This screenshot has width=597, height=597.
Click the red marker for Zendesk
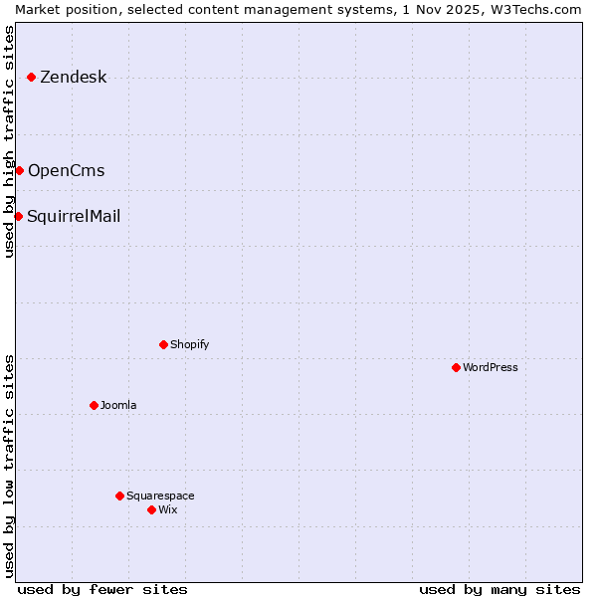click(31, 77)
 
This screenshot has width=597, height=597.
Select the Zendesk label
click(73, 78)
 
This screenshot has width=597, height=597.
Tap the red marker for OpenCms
click(19, 170)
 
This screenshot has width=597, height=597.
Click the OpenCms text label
click(66, 171)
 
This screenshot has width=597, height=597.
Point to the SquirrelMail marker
click(18, 216)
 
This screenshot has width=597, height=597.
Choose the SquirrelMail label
click(74, 217)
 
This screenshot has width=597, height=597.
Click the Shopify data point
click(163, 344)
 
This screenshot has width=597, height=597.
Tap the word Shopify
click(189, 345)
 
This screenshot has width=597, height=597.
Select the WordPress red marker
click(456, 367)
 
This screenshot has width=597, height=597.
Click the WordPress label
click(490, 368)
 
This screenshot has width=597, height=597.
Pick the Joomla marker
click(94, 405)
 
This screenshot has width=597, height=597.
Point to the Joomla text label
click(118, 406)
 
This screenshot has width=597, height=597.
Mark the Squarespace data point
click(119, 496)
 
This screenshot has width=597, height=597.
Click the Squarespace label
click(160, 497)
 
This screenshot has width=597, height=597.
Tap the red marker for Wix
click(151, 509)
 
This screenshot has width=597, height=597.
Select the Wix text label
click(167, 510)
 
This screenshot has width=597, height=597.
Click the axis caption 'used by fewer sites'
click(102, 589)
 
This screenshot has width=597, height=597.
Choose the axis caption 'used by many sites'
click(499, 589)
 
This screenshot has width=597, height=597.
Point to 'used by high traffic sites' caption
click(9, 141)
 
